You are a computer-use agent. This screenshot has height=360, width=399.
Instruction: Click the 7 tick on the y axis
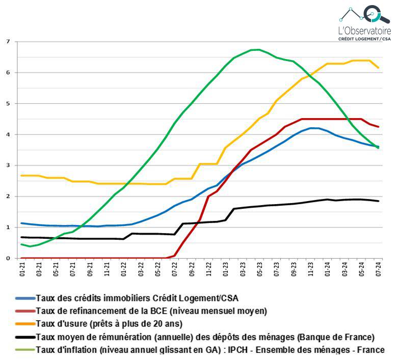point(7,41)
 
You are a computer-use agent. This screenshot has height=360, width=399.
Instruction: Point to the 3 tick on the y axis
point(7,165)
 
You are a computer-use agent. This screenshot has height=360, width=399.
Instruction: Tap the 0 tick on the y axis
point(7,258)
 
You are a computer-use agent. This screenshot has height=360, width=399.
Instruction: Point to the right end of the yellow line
point(378,68)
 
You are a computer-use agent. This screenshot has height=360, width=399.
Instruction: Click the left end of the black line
point(21,237)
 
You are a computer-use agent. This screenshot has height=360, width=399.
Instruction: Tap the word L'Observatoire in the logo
point(365,31)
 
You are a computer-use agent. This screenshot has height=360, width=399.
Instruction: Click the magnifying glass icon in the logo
point(381,13)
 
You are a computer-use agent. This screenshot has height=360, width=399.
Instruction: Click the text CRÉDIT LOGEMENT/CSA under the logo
point(365,39)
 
